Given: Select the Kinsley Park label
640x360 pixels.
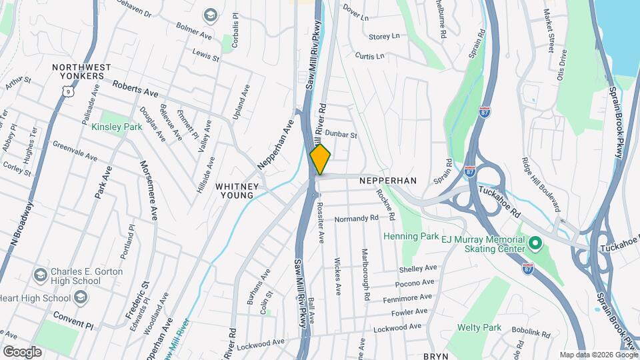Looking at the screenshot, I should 117,127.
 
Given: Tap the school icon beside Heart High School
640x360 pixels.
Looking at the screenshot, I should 82,297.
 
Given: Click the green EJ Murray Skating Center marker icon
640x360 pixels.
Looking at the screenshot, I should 535,245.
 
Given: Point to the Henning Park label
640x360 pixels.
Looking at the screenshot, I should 411,236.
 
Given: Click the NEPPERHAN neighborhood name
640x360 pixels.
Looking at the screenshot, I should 387,181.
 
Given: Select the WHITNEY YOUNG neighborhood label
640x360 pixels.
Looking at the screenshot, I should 235,191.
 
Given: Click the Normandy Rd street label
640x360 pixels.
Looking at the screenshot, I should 356,218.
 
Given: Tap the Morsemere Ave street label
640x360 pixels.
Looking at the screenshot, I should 148,190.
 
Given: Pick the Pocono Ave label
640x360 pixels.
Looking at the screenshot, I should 415,283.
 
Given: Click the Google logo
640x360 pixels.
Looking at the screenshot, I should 22,351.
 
